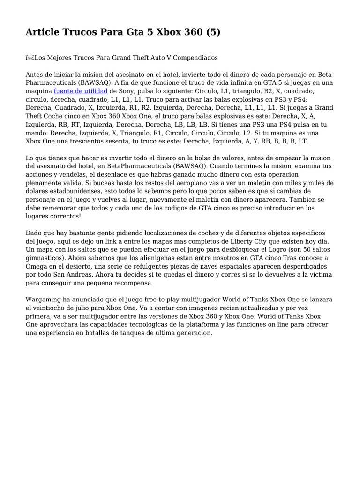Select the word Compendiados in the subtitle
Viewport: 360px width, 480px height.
tap(196, 58)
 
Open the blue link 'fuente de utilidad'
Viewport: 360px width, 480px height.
tap(81, 91)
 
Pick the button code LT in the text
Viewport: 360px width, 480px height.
tap(303, 141)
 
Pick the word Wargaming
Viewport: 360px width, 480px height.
tap(46, 300)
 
